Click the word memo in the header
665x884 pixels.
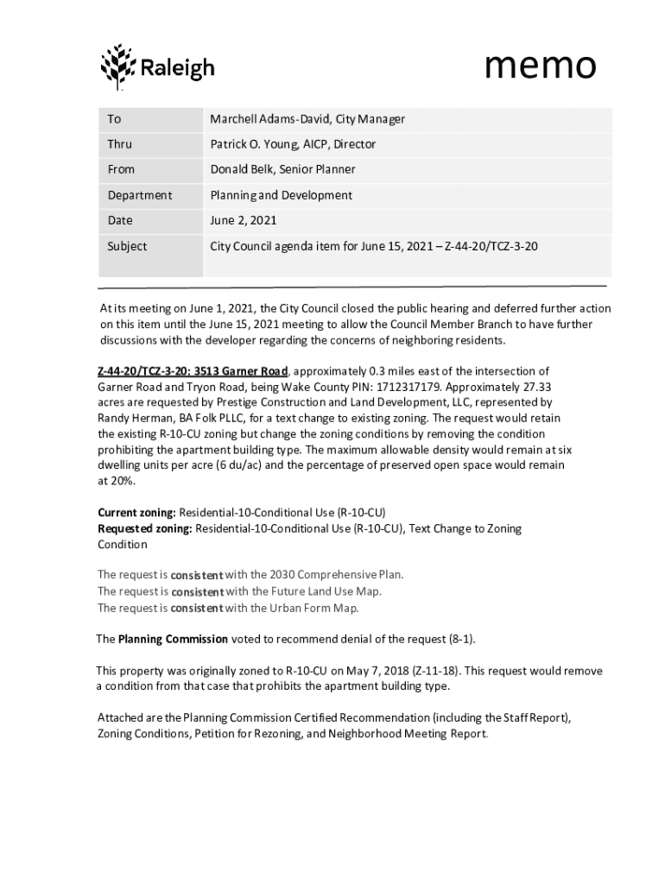pyautogui.click(x=540, y=65)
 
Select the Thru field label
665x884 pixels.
pyautogui.click(x=120, y=144)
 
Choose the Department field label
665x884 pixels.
pyautogui.click(x=140, y=195)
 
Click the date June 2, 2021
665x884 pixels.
pyautogui.click(x=244, y=220)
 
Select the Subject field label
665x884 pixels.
pyautogui.click(x=127, y=246)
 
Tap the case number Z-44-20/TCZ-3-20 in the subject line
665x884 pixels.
pyautogui.click(x=491, y=246)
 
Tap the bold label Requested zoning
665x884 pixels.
pyautogui.click(x=144, y=528)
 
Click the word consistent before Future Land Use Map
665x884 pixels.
pyautogui.click(x=197, y=591)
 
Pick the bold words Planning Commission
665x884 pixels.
pyautogui.click(x=173, y=639)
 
